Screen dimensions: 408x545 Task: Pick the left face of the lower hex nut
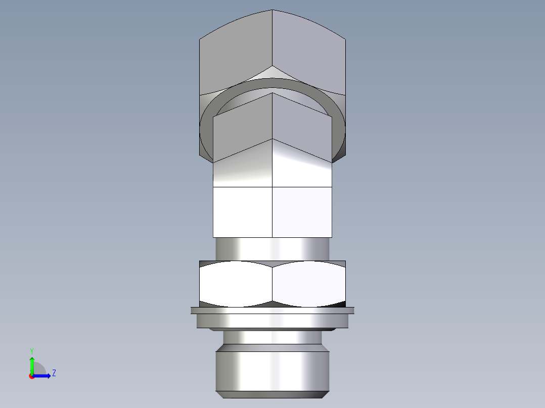236,284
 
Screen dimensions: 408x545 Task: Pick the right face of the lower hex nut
309,284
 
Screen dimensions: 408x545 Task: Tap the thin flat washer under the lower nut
272,310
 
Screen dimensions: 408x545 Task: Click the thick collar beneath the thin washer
272,320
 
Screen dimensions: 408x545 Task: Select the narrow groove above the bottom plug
272,337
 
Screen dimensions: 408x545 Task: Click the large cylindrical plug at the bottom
272,371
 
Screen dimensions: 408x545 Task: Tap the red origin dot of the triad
32,376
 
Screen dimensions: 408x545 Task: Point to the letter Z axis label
54,373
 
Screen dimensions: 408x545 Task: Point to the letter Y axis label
31,351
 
